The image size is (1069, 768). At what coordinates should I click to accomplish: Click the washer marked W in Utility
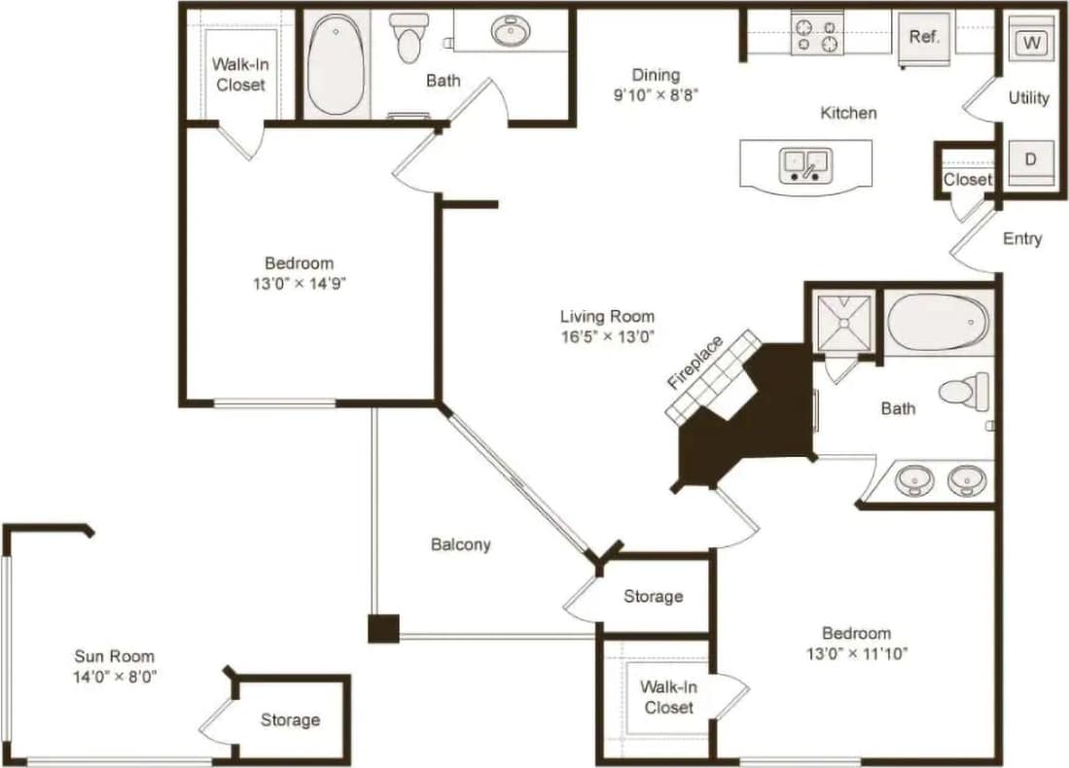1031,43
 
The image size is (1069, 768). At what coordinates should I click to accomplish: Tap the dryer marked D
1031,160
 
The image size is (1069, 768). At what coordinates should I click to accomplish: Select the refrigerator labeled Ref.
923,39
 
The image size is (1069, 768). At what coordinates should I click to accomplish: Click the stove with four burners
817,36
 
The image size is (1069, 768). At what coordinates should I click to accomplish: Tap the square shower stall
842,318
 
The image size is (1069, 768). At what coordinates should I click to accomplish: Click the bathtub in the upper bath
336,65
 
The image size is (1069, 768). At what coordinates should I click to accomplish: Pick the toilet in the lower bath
963,392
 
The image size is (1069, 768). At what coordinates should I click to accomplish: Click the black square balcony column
383,629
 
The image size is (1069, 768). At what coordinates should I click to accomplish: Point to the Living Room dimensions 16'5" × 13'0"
607,337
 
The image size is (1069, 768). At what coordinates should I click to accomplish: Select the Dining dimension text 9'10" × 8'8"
656,95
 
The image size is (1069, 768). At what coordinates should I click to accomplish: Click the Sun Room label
115,656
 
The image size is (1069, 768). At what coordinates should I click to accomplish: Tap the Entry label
1021,238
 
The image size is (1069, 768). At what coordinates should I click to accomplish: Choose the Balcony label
461,544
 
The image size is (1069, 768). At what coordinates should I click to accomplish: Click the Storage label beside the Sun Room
290,719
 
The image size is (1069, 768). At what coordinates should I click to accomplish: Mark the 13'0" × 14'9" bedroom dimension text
299,284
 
